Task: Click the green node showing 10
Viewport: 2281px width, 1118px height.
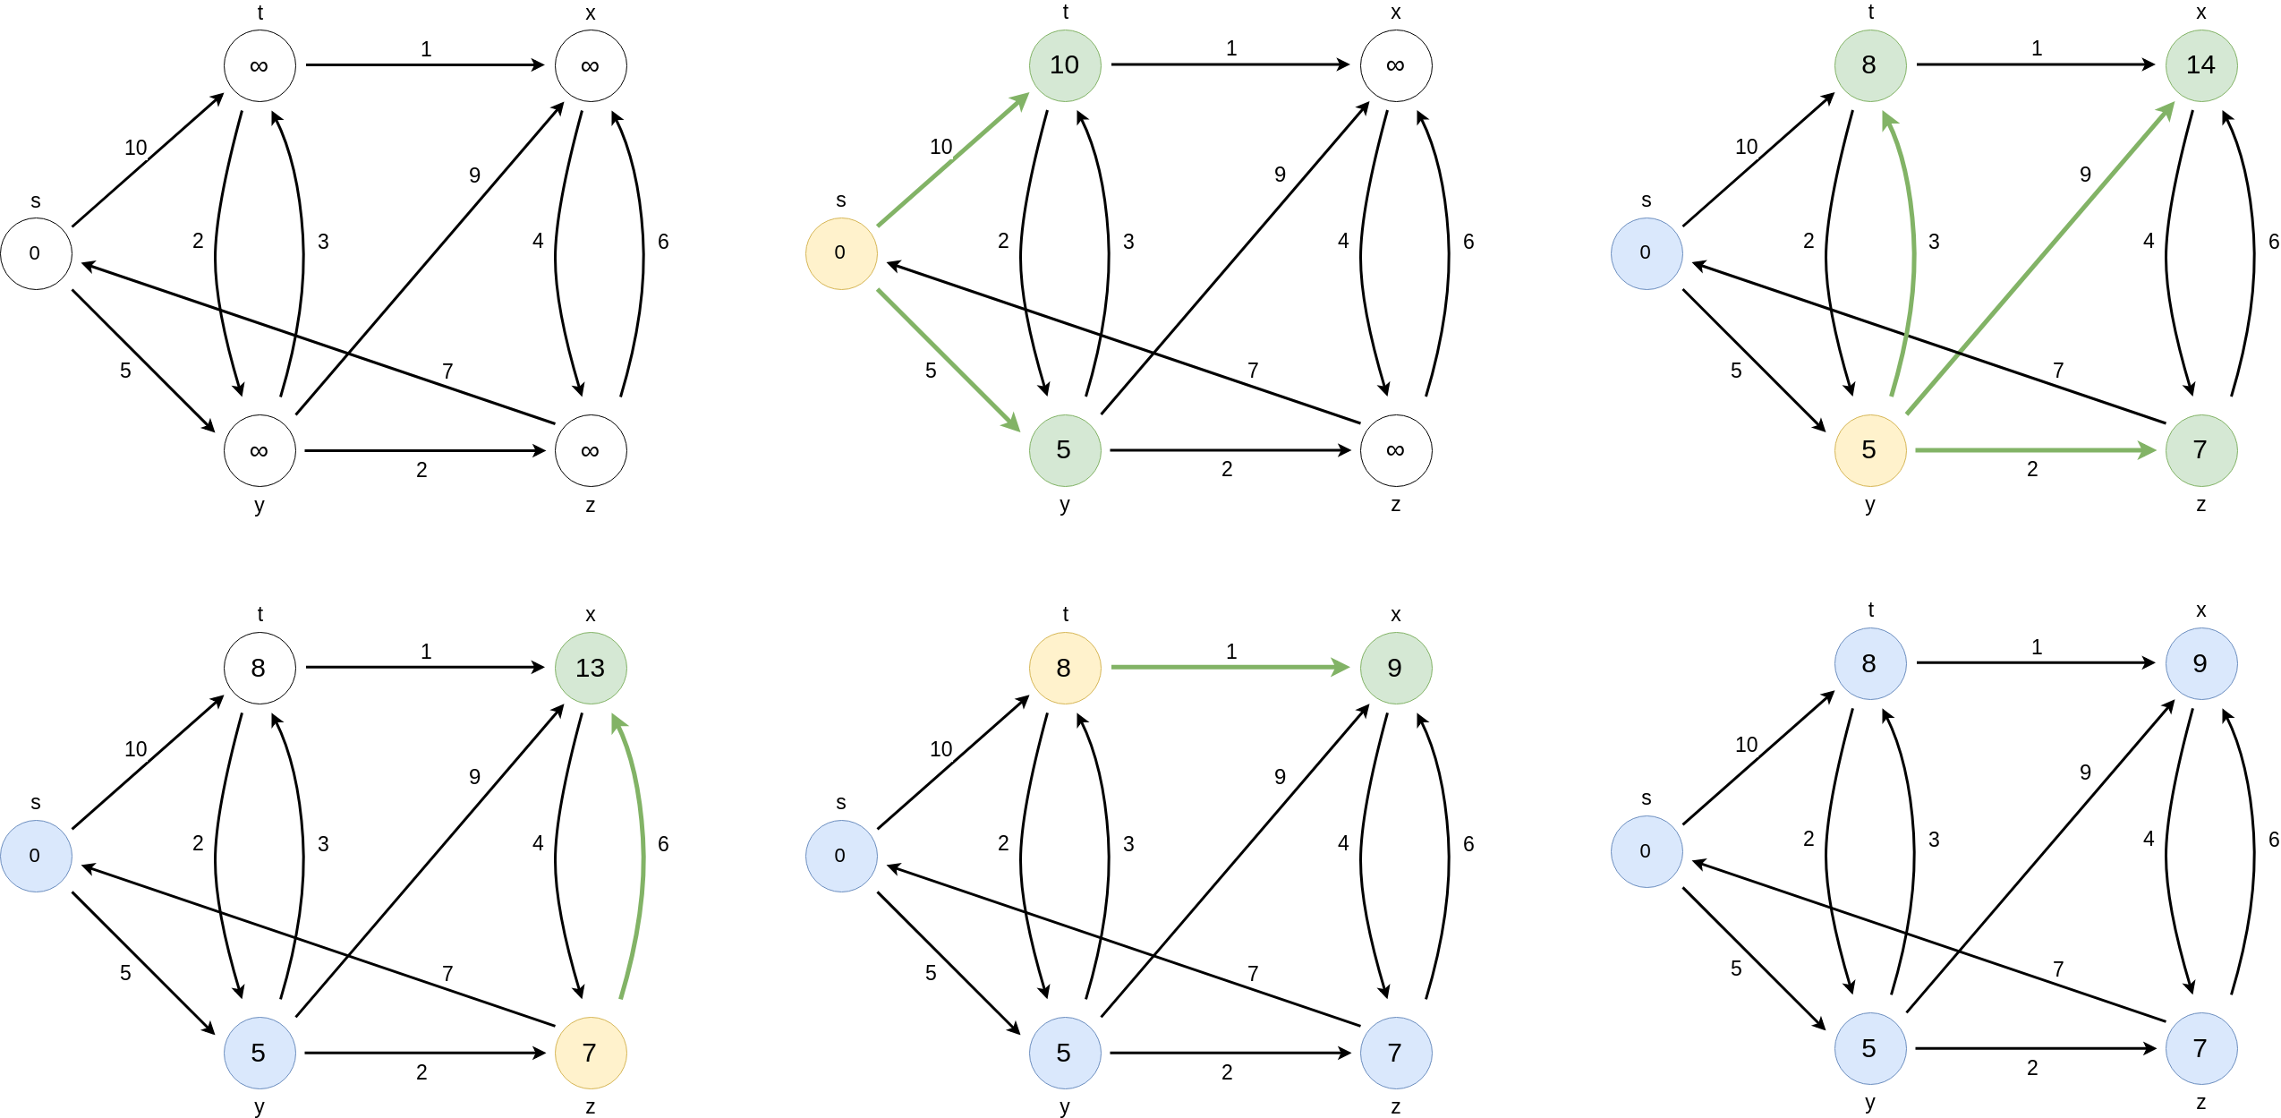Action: [x=1064, y=65]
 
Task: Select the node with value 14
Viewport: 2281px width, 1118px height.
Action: [x=2200, y=65]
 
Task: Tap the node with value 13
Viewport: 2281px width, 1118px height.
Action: [x=591, y=668]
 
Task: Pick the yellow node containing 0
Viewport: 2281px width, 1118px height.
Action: [x=840, y=253]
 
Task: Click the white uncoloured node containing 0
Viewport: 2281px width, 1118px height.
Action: [x=36, y=253]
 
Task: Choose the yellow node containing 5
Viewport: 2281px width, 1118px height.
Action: [x=1869, y=450]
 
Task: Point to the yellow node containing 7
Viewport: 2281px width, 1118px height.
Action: [x=591, y=1053]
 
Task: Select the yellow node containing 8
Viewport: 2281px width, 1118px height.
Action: [x=1064, y=668]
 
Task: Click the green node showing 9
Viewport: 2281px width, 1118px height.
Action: [x=1395, y=668]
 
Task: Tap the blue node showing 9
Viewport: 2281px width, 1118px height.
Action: [x=2200, y=663]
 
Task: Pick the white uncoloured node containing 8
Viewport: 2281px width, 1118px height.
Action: [x=260, y=668]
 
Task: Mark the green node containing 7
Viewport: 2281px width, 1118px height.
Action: [x=2200, y=450]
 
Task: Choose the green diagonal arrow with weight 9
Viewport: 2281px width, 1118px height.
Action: [x=2040, y=259]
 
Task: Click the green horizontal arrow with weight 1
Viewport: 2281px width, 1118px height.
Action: [x=1230, y=667]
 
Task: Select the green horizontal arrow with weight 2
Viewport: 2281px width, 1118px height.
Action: [x=2036, y=450]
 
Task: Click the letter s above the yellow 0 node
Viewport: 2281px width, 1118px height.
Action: [x=840, y=201]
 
